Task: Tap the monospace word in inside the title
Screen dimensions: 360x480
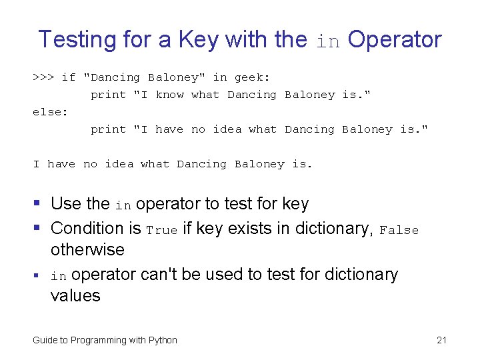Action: pyautogui.click(x=328, y=41)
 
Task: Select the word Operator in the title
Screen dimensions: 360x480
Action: pyautogui.click(x=395, y=39)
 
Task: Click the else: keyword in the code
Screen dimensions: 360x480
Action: pyautogui.click(x=50, y=112)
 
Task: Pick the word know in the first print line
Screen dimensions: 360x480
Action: pyautogui.click(x=169, y=95)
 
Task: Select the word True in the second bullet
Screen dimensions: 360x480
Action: pyautogui.click(x=162, y=230)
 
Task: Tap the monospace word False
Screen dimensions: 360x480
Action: pyautogui.click(x=399, y=230)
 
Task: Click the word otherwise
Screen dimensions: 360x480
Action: pyautogui.click(x=87, y=249)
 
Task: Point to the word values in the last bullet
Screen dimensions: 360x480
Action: pyautogui.click(x=75, y=295)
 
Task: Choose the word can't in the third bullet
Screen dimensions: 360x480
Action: pyautogui.click(x=181, y=274)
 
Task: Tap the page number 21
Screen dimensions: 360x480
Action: pyautogui.click(x=441, y=340)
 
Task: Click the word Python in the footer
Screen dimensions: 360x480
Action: pyautogui.click(x=163, y=340)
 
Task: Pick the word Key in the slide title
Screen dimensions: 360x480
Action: pyautogui.click(x=201, y=39)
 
